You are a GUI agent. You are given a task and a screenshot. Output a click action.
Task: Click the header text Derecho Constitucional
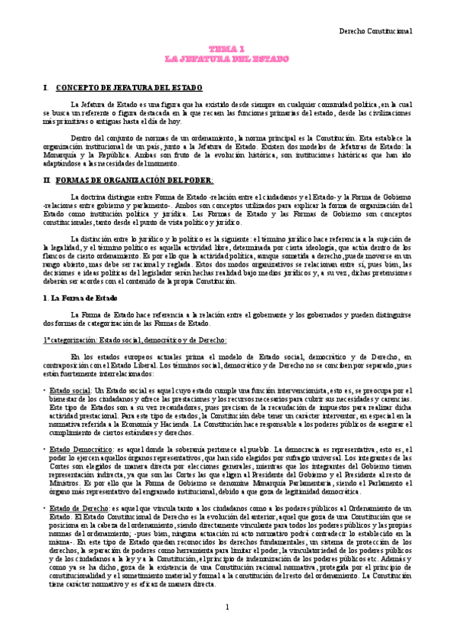[x=374, y=32]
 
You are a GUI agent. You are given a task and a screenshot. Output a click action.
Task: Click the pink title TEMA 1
[x=227, y=48]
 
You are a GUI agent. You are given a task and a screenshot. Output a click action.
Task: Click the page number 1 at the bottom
[x=227, y=628]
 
